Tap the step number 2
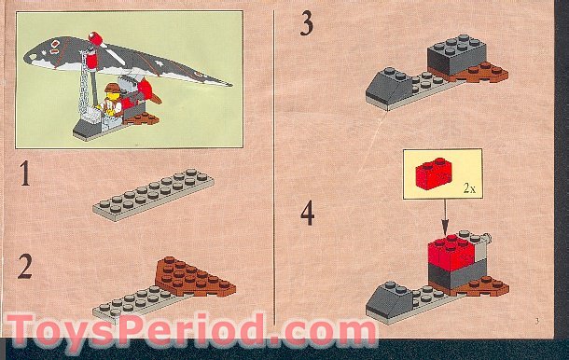click(x=26, y=266)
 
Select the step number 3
click(x=307, y=24)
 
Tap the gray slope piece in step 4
click(x=385, y=298)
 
